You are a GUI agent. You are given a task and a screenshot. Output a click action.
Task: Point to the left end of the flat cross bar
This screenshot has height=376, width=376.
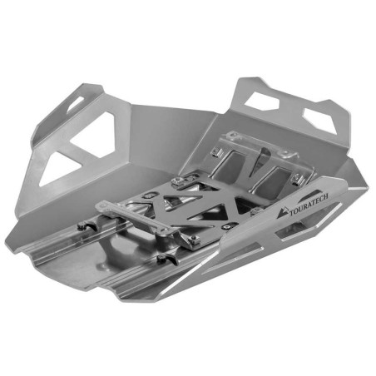(103, 205)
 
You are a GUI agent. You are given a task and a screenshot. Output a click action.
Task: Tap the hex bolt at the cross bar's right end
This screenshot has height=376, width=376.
(194, 240)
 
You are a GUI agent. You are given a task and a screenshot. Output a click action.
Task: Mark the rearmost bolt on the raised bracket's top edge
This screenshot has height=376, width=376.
(215, 151)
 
